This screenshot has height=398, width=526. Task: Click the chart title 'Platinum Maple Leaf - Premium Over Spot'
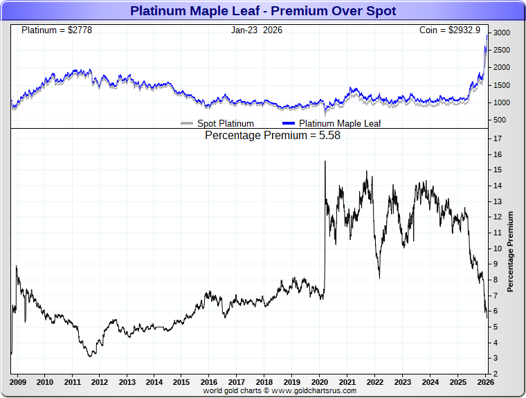click(x=263, y=11)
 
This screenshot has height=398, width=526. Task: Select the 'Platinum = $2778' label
click(x=57, y=30)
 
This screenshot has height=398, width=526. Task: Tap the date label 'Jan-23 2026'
click(x=257, y=30)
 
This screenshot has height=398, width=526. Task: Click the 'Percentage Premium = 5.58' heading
click(x=273, y=136)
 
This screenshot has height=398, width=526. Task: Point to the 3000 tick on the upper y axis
click(x=501, y=33)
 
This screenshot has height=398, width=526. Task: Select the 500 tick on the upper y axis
click(x=498, y=120)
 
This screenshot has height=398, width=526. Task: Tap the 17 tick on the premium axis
click(x=498, y=138)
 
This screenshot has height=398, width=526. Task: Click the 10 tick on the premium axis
click(x=498, y=248)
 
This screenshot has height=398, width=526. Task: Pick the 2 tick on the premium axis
click(x=496, y=374)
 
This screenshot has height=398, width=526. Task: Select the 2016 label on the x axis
click(x=209, y=382)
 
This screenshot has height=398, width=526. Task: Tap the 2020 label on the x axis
click(x=319, y=382)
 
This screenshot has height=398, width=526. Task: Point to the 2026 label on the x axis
click(x=485, y=382)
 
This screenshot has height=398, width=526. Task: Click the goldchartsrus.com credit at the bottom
click(x=280, y=391)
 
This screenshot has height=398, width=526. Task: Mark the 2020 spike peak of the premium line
click(x=325, y=161)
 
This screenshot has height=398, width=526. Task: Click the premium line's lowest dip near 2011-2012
click(x=90, y=356)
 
